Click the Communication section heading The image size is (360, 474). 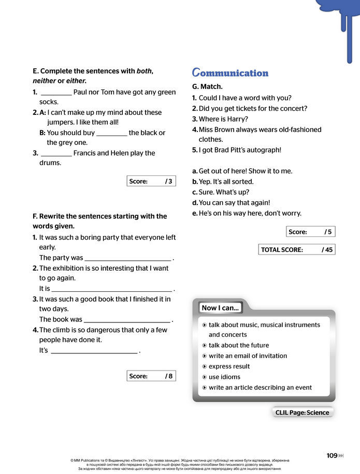tap(230, 73)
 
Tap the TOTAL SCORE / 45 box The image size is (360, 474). tap(297, 249)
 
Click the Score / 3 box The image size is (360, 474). tap(151, 181)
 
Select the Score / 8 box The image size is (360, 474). tap(151, 376)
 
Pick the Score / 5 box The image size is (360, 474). tap(310, 232)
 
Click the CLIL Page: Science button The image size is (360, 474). tap(302, 412)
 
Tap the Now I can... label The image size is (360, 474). tap(220, 308)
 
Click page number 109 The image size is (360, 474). tap(332, 455)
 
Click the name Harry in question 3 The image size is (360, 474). tap(237, 119)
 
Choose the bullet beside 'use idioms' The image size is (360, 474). tap(205, 377)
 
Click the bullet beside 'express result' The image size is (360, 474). tap(205, 366)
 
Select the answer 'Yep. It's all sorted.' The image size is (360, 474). tap(226, 182)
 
